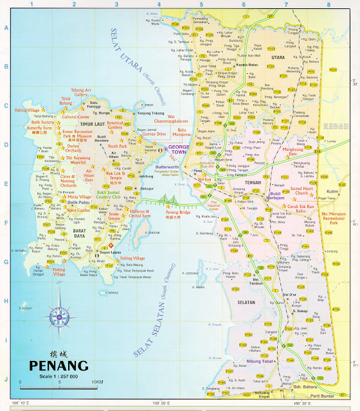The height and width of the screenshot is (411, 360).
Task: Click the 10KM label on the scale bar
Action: coord(96,381)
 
